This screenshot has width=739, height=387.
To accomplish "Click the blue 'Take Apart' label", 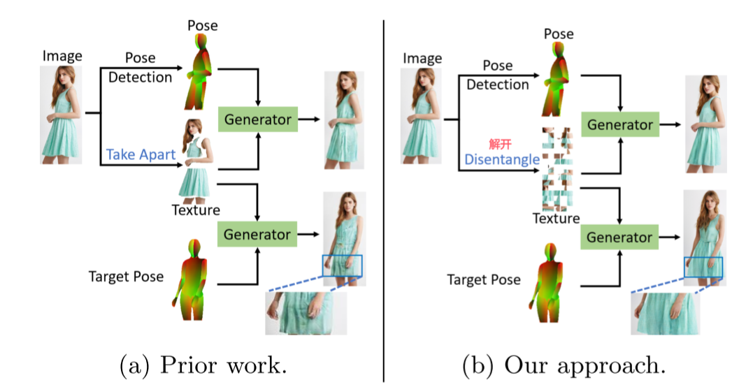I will point(140,154).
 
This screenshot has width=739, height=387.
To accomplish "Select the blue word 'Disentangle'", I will point(502,159).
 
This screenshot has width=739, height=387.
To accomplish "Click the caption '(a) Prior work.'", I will point(204,364).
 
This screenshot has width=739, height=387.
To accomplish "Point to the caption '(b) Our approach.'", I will point(564,364).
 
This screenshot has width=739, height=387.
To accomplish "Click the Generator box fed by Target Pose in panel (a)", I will point(257,233).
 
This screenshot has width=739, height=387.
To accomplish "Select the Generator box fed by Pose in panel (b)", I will point(619,125).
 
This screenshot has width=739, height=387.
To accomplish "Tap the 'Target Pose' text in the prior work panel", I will point(126,277).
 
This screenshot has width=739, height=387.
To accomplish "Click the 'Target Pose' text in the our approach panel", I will point(484,279).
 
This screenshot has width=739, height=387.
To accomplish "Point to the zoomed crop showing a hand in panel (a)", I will point(296,313).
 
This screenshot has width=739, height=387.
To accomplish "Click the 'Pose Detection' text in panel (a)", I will point(140,68).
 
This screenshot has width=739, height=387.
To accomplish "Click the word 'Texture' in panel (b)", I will point(557,218).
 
